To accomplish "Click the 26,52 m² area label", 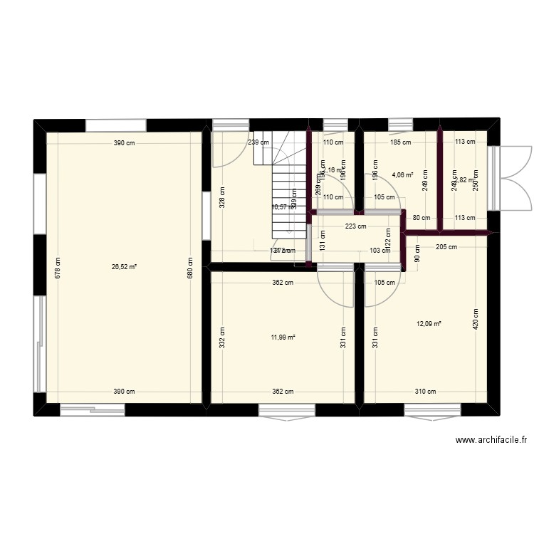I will point(124,268).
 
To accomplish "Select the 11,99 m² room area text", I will point(283,338).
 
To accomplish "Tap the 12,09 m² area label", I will point(429,324).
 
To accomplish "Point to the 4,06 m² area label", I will point(402,173).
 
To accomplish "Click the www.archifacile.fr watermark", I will point(493,441).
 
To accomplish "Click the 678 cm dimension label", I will point(58,268).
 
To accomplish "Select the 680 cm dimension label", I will point(189,268).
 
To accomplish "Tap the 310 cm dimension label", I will point(426,392).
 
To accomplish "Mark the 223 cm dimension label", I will point(356,227).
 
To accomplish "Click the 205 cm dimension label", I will point(447,246).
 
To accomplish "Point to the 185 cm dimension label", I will point(401,142).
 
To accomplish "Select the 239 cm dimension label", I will point(258,142).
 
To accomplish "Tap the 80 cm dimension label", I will point(422,218).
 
